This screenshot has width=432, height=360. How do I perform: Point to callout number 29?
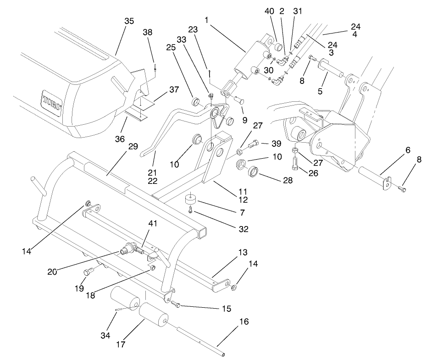(133, 146)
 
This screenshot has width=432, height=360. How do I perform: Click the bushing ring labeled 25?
(195, 100)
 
